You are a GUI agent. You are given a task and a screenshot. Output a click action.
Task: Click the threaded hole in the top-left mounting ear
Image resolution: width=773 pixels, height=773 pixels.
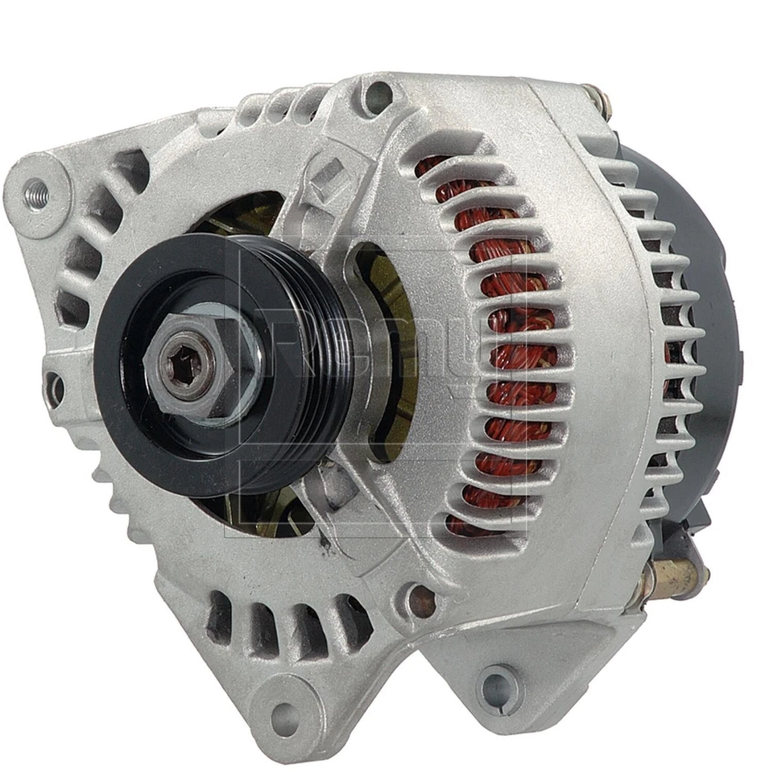pyautogui.click(x=35, y=192)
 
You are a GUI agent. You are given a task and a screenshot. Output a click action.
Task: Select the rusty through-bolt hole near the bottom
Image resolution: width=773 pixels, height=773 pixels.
pyautogui.click(x=420, y=600)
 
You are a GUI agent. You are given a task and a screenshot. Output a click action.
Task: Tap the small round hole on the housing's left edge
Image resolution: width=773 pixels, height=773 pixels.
pyautogui.click(x=55, y=388)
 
